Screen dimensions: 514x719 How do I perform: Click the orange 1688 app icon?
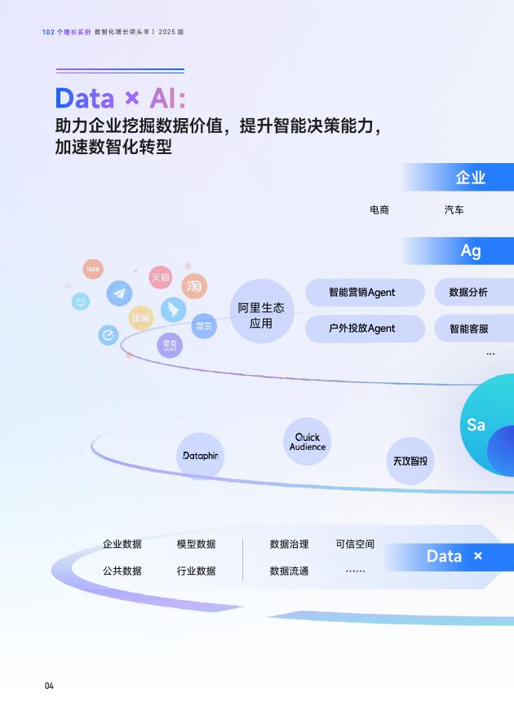tap(93, 269)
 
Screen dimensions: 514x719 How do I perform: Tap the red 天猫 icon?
tap(160, 277)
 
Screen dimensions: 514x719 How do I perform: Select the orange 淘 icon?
tap(193, 286)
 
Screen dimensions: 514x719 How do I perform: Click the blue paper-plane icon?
tap(120, 293)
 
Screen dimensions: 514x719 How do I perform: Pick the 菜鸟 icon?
tap(204, 326)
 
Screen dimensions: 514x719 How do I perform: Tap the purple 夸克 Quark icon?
tap(170, 346)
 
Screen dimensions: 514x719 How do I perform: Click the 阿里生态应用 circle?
tap(261, 311)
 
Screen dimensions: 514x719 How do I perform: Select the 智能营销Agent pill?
tap(365, 292)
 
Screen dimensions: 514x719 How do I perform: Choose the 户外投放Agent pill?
tap(365, 329)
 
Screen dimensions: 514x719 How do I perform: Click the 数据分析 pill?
tap(472, 292)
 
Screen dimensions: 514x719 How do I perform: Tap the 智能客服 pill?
tap(472, 329)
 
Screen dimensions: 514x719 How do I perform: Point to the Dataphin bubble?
tap(200, 456)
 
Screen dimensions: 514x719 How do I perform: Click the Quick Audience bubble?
tap(308, 442)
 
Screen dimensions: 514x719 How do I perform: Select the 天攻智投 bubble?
tap(410, 461)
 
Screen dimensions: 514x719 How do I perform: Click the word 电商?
tap(379, 210)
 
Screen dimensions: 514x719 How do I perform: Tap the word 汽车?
tap(454, 210)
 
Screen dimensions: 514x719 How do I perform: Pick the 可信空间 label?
tap(355, 544)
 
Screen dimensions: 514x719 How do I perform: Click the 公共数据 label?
tap(122, 571)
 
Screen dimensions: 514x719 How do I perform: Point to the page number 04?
tap(49, 686)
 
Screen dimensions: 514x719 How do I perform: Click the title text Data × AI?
tap(120, 99)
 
